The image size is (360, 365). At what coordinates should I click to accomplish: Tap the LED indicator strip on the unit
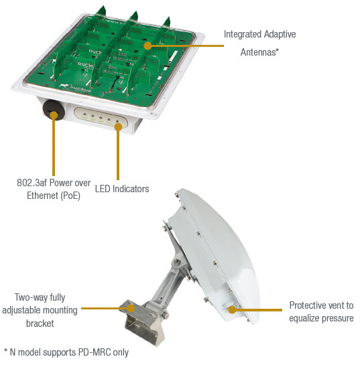point(100,121)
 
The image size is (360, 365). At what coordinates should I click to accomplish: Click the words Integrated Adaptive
point(259,33)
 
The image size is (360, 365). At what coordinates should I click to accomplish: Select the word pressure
point(339,317)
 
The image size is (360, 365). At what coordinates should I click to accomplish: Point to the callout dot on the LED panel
point(119,123)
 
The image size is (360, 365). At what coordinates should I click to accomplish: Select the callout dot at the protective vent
point(231,309)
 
